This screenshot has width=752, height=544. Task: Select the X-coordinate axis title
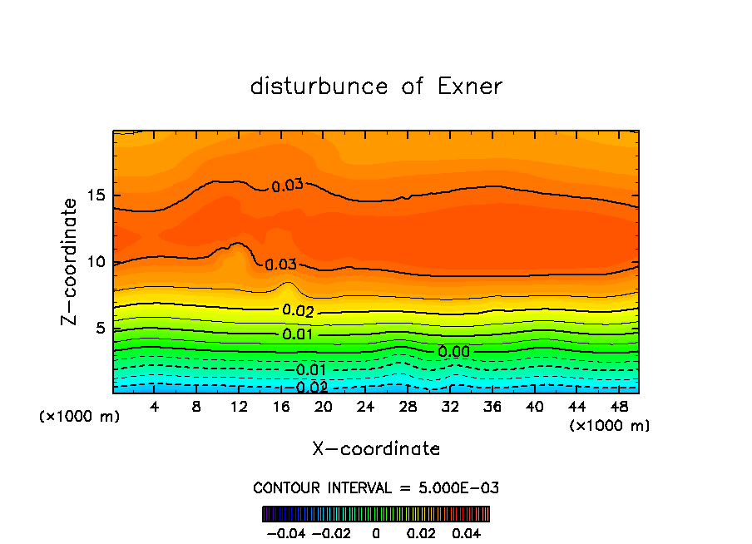(x=376, y=449)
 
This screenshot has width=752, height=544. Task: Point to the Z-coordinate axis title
(x=71, y=261)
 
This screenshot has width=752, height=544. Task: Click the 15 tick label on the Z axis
(x=96, y=196)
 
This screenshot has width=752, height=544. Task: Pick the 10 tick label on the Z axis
(x=96, y=262)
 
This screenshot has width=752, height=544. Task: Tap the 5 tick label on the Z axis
(x=101, y=329)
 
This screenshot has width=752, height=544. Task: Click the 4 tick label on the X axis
(x=155, y=408)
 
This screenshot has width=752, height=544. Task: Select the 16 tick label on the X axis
(x=281, y=408)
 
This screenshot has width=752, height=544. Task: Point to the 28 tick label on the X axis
(x=408, y=408)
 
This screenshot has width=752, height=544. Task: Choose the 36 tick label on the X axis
(x=492, y=408)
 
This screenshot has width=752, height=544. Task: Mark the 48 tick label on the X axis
(x=619, y=408)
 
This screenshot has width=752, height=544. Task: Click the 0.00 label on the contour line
(x=453, y=352)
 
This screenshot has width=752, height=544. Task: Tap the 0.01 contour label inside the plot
(x=297, y=334)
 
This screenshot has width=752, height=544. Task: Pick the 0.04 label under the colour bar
(x=468, y=532)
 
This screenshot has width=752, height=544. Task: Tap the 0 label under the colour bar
(x=376, y=532)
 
